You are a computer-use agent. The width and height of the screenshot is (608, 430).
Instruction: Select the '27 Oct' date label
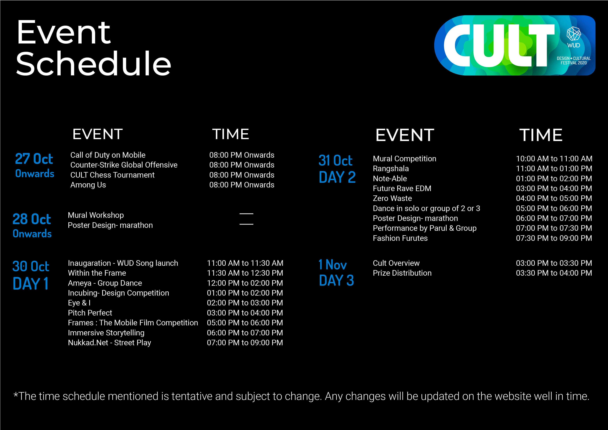tap(34, 159)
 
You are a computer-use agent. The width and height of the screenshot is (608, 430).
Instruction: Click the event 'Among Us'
tap(88, 185)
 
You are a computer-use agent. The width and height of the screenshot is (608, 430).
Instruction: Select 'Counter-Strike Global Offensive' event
tap(124, 165)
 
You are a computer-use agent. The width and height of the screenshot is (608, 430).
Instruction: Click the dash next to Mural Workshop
tap(246, 214)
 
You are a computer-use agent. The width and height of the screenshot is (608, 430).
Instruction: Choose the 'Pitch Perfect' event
tap(90, 313)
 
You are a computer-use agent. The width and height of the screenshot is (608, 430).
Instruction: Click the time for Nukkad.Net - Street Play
tap(245, 343)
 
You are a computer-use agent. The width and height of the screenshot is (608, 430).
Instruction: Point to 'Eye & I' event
tap(79, 303)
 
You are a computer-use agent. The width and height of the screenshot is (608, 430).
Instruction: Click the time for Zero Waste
tap(554, 198)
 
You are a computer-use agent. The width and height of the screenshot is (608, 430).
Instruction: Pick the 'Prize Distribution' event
tap(402, 273)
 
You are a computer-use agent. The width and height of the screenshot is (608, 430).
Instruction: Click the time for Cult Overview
tap(554, 263)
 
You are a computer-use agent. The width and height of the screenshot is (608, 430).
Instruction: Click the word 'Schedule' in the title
tap(93, 64)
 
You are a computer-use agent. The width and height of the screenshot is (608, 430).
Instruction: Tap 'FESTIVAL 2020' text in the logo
tap(574, 63)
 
